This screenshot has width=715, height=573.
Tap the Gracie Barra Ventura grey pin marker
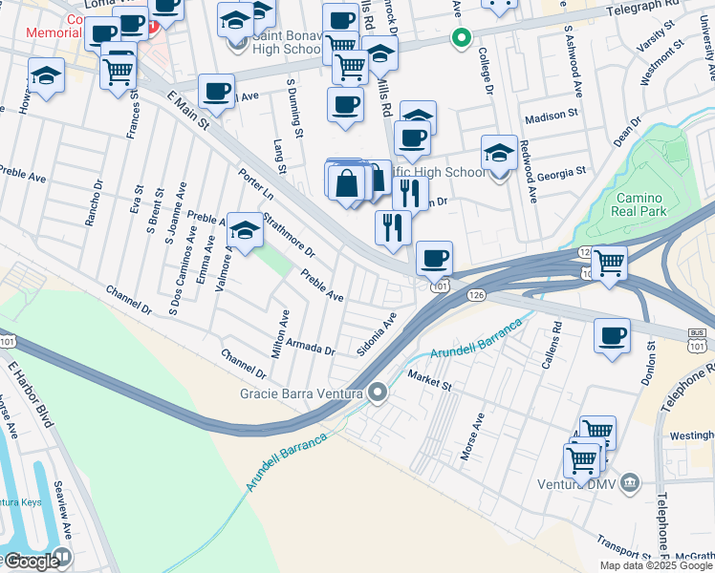pyautogui.click(x=379, y=393)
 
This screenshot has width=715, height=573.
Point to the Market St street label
pyautogui.click(x=430, y=379)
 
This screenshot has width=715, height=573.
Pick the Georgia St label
pyautogui.click(x=561, y=173)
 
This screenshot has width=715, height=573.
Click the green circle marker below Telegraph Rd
pyautogui.click(x=461, y=39)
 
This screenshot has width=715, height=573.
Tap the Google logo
pyautogui.click(x=31, y=561)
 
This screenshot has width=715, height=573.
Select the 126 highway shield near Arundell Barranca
pyautogui.click(x=476, y=296)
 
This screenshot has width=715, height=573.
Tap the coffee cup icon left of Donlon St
pyautogui.click(x=613, y=337)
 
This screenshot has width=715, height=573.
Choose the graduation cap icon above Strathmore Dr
pyautogui.click(x=246, y=230)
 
